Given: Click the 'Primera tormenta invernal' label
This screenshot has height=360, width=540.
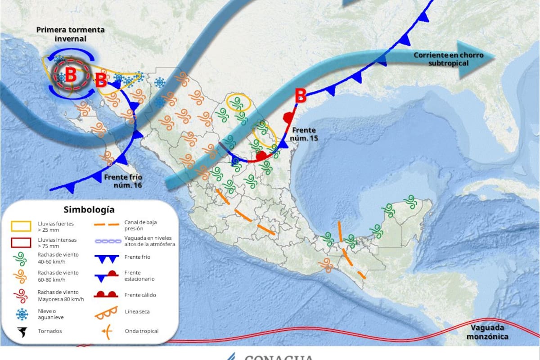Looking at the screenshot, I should pyautogui.click(x=70, y=34).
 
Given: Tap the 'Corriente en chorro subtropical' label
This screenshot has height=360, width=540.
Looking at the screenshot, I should pyautogui.click(x=448, y=59).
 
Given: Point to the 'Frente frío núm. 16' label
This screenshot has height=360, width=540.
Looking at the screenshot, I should pyautogui.click(x=123, y=181).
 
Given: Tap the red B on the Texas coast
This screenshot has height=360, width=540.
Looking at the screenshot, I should pyautogui.click(x=301, y=96).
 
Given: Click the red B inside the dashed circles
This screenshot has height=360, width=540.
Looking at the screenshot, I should pyautogui.click(x=71, y=76).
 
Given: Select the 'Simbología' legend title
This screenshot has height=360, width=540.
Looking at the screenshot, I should pyautogui.click(x=89, y=209).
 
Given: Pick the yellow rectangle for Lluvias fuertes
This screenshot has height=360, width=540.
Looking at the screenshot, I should pyautogui.click(x=22, y=226).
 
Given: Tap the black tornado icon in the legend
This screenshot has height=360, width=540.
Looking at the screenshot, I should pyautogui.click(x=22, y=332).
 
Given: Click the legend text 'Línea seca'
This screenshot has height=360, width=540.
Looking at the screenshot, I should pyautogui.click(x=137, y=311).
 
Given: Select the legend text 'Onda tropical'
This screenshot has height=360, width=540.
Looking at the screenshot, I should pyautogui.click(x=142, y=331).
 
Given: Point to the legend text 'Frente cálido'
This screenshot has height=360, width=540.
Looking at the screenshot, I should pyautogui.click(x=140, y=295).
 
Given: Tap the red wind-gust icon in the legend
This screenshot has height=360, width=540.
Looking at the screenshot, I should pyautogui.click(x=22, y=295).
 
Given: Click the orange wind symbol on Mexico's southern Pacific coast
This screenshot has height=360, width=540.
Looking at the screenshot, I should pyautogui.click(x=326, y=265).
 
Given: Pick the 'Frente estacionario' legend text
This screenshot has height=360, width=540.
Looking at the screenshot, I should pyautogui.click(x=139, y=275).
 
